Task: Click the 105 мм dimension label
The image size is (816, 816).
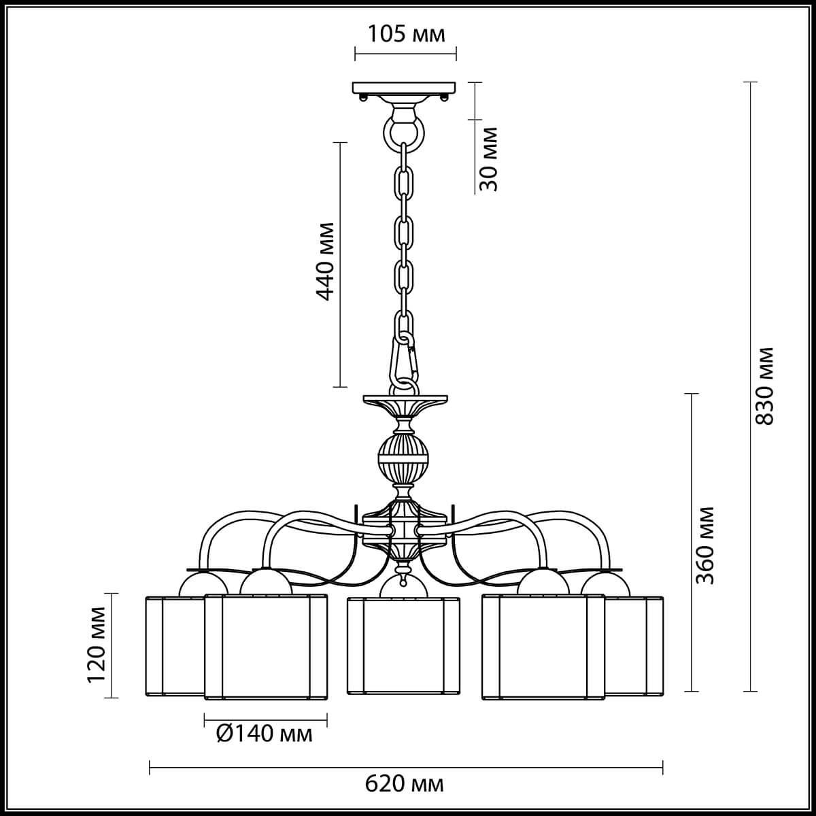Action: point(406,33)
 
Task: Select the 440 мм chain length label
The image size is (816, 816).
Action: point(326,260)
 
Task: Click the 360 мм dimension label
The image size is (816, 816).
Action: point(707,545)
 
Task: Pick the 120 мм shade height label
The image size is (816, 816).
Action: point(97,645)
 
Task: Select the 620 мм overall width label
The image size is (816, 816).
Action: point(405,784)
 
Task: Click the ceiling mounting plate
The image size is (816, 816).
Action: point(405,88)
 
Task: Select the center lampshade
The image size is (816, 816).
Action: point(403,645)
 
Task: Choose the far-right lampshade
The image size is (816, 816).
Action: point(634,645)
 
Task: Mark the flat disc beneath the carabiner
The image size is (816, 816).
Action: point(406,397)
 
